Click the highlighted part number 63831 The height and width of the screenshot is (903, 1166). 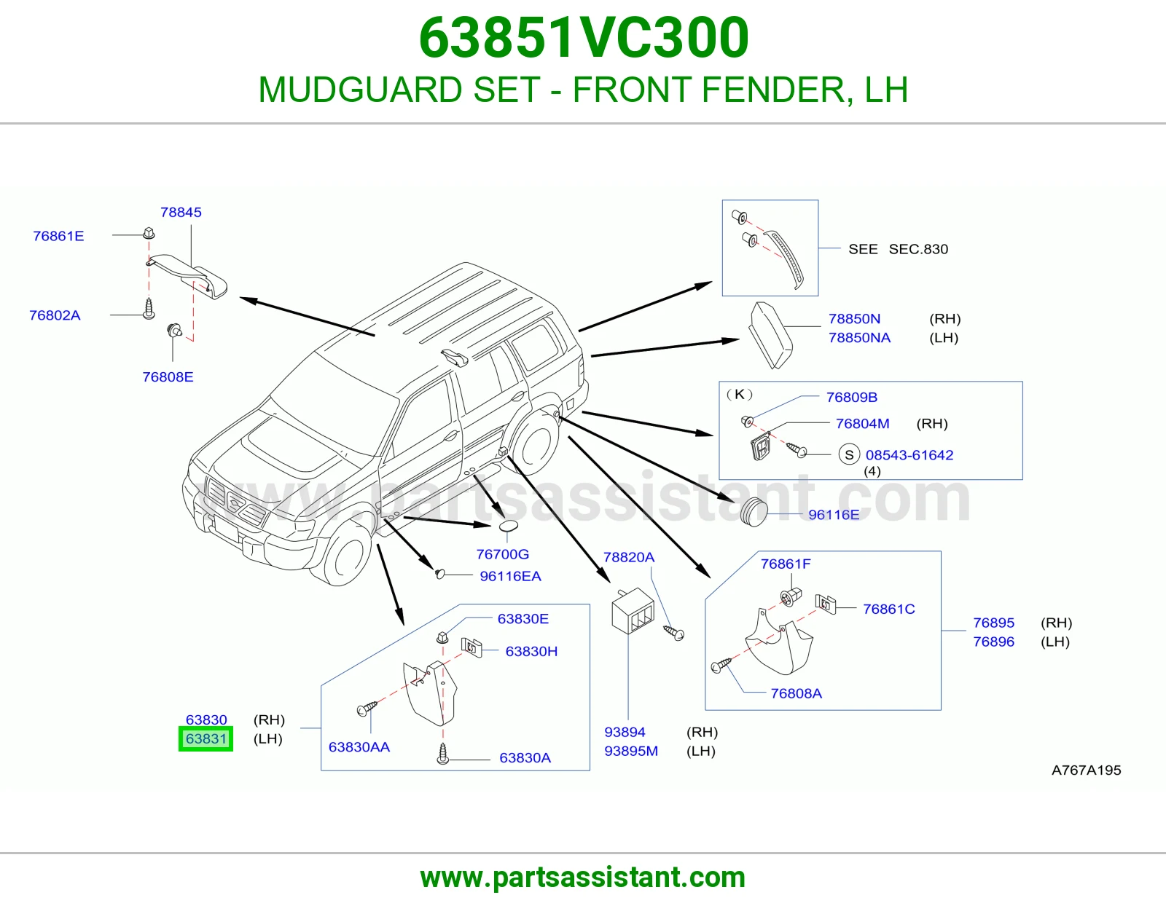tap(206, 739)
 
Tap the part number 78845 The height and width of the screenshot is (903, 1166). tap(181, 213)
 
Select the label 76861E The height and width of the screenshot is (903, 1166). tap(58, 236)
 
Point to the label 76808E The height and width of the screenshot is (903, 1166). tap(168, 377)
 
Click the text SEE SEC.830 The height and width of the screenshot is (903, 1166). tap(899, 249)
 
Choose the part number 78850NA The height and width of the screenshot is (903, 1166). tap(860, 338)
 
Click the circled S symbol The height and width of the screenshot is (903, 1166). tap(849, 454)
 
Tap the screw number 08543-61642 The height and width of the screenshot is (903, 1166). tap(909, 454)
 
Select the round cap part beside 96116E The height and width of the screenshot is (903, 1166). tap(754, 512)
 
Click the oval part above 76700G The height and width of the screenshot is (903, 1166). tap(509, 526)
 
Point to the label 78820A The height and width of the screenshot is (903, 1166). tap(629, 557)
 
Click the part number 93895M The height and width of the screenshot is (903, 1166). tap(631, 751)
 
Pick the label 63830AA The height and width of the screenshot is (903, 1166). tap(359, 747)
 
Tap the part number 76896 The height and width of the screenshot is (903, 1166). tap(994, 642)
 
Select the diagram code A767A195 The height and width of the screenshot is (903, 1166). tap(1086, 770)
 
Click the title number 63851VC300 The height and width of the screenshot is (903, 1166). tap(583, 37)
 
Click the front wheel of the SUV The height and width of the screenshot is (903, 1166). tap(347, 556)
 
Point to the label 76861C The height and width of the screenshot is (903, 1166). tap(889, 609)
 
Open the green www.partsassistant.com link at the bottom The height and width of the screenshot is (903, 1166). tap(583, 878)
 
